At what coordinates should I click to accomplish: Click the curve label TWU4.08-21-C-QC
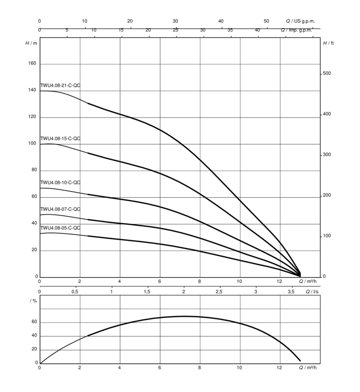(60, 86)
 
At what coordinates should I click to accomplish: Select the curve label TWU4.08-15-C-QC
(60, 139)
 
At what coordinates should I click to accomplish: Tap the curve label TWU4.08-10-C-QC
(60, 183)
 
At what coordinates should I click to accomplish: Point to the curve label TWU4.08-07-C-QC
(60, 209)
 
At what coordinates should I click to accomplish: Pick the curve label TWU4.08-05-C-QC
(60, 228)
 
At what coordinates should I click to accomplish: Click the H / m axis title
(31, 43)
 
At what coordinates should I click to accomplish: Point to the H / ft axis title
(328, 43)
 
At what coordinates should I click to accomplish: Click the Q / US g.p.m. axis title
(300, 21)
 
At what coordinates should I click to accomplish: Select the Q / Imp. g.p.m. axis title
(297, 30)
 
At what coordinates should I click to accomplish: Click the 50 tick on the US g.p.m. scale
(266, 21)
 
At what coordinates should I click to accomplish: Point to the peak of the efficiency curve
(184, 316)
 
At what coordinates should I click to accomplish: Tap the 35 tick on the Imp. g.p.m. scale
(230, 30)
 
